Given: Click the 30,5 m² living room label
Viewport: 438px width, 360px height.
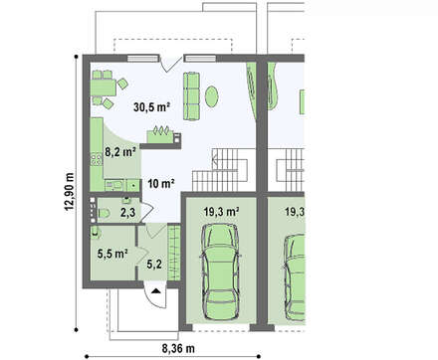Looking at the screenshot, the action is pyautogui.click(x=152, y=106).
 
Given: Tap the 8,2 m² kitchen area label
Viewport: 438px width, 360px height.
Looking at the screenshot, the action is pyautogui.click(x=120, y=152).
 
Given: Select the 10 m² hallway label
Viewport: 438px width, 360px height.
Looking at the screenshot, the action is pyautogui.click(x=161, y=183).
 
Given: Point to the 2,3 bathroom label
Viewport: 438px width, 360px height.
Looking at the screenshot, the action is pyautogui.click(x=127, y=212).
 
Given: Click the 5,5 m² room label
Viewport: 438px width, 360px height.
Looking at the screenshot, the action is pyautogui.click(x=112, y=254).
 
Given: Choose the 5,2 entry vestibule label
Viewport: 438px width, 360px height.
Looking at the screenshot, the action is pyautogui.click(x=154, y=265).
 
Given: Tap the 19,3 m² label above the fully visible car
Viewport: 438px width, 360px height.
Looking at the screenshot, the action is pyautogui.click(x=222, y=212).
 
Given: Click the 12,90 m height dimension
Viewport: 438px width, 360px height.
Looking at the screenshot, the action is pyautogui.click(x=70, y=191).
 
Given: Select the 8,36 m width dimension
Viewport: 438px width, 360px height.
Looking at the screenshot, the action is pyautogui.click(x=178, y=348).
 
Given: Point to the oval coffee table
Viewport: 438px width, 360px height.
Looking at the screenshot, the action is pyautogui.click(x=212, y=96).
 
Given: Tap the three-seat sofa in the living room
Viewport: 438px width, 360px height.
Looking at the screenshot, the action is pyautogui.click(x=192, y=95).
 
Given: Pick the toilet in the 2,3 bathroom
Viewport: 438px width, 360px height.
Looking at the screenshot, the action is pyautogui.click(x=104, y=213).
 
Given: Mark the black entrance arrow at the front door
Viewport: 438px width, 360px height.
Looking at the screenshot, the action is pyautogui.click(x=155, y=291).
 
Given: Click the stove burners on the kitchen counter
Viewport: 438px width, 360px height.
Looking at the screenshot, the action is pyautogui.click(x=97, y=159).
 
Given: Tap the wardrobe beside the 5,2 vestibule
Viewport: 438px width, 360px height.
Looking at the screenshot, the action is pyautogui.click(x=173, y=253).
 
